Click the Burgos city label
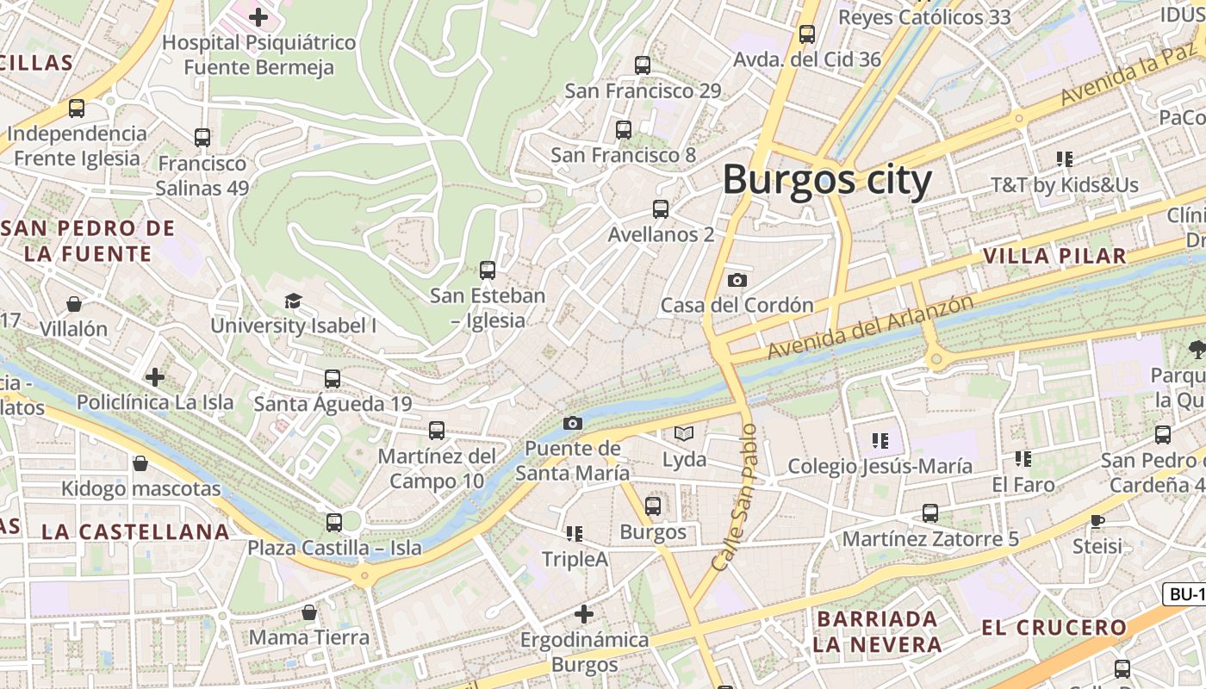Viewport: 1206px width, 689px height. (827, 181)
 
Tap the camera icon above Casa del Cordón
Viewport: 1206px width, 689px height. (737, 280)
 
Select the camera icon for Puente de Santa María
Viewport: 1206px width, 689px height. (572, 423)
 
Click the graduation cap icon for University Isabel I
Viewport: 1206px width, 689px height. (294, 301)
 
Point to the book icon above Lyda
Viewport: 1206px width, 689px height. (684, 433)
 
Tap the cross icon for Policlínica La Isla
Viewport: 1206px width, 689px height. (155, 376)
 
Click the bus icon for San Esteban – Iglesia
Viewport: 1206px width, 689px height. (488, 270)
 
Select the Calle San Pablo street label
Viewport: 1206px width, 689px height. (737, 497)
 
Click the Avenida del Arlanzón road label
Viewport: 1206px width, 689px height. (871, 327)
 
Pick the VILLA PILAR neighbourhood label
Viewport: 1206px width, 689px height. (1054, 256)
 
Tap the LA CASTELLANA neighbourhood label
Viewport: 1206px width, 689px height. (135, 531)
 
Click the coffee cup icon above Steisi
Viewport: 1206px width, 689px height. (1097, 520)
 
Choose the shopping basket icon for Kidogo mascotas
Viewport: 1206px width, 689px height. (140, 464)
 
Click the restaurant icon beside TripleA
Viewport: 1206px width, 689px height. (575, 534)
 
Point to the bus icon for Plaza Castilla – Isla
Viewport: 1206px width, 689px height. (334, 522)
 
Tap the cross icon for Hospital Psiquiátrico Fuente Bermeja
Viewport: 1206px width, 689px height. (258, 16)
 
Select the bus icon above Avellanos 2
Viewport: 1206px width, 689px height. (661, 209)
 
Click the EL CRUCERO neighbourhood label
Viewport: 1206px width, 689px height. (1054, 628)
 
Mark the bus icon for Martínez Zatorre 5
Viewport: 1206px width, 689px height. (930, 513)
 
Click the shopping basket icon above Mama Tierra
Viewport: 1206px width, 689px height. (309, 612)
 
